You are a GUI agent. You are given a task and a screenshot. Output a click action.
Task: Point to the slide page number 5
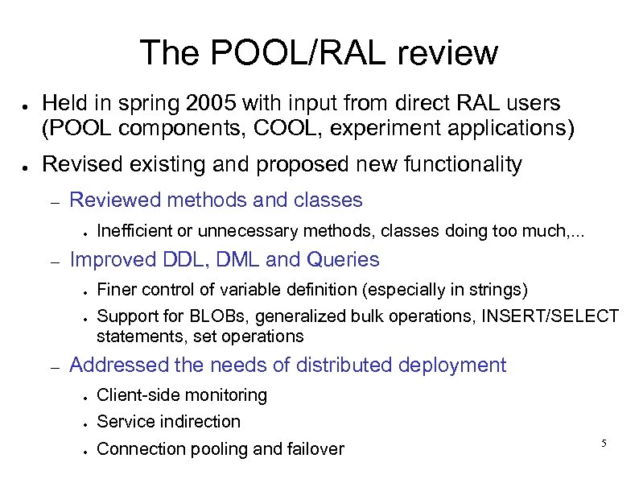[603, 444]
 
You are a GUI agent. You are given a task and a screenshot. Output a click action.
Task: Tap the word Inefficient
[135, 232]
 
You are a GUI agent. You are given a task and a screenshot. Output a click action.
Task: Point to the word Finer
[115, 289]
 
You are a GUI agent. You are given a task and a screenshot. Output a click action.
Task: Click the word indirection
[202, 421]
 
